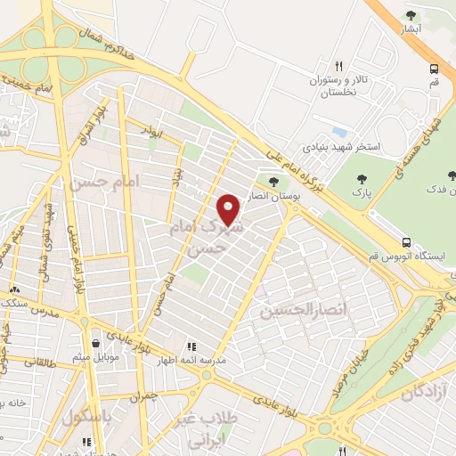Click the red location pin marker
pyautogui.click(x=229, y=209)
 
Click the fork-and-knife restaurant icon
pyautogui.click(x=338, y=65)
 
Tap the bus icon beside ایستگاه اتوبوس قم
pyautogui.click(x=406, y=241)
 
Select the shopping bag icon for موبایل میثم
pyautogui.click(x=95, y=343)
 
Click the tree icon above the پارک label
pyautogui.click(x=362, y=180)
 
